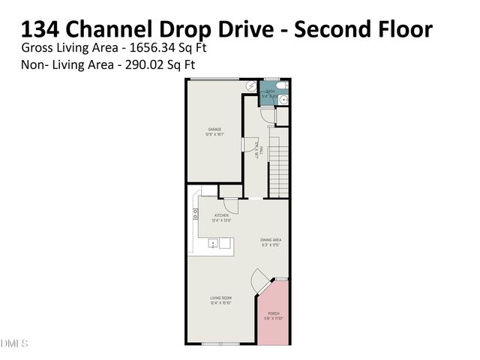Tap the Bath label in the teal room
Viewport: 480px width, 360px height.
click(x=270, y=94)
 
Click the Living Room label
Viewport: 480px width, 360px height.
click(x=220, y=301)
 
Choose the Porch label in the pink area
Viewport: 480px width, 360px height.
click(x=273, y=316)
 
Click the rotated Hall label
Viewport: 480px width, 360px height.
click(x=257, y=149)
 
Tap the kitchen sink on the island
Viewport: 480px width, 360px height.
click(x=214, y=244)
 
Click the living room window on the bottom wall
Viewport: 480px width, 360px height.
click(x=221, y=343)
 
